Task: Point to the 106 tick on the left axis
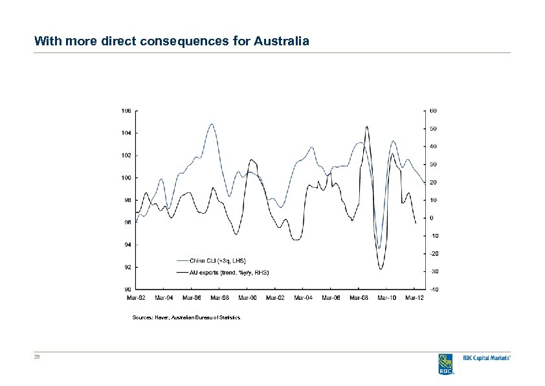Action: (126, 111)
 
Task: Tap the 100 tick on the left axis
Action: (126, 177)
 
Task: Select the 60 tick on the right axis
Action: (433, 111)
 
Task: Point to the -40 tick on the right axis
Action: (433, 289)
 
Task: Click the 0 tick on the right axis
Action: (431, 218)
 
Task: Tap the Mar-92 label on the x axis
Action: (135, 298)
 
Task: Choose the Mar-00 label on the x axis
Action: (247, 298)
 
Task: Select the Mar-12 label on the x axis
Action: (415, 298)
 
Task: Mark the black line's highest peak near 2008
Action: (367, 126)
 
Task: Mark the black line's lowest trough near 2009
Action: (381, 268)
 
